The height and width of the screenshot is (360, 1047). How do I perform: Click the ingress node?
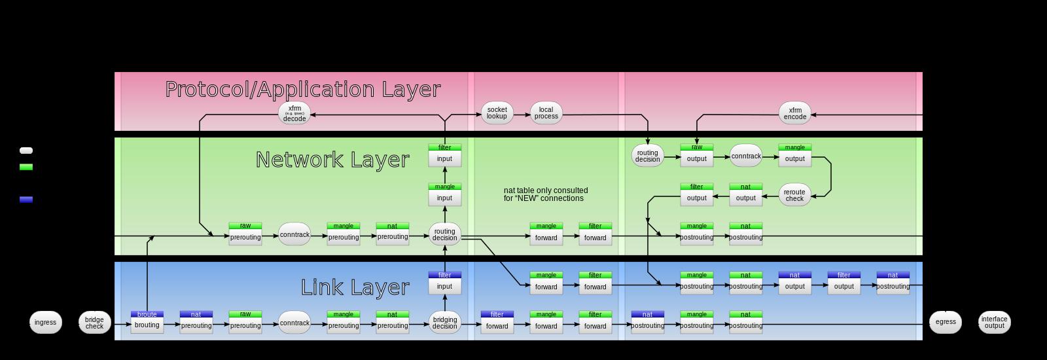(x=45, y=322)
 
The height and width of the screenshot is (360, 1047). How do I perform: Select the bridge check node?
(x=94, y=322)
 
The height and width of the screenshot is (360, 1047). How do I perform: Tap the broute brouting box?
(x=147, y=322)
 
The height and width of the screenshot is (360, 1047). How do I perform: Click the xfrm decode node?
(x=294, y=113)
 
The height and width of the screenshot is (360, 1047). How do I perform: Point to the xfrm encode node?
(x=794, y=113)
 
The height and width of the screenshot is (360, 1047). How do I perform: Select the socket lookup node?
(x=497, y=113)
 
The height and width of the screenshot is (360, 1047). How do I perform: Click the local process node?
(x=546, y=113)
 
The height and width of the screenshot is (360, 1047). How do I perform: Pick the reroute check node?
(x=794, y=195)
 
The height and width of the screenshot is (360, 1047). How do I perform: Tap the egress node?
(x=945, y=322)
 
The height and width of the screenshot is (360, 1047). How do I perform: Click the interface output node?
(x=994, y=322)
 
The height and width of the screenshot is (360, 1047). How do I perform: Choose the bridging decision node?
(x=444, y=322)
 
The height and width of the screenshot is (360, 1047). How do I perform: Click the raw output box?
(x=696, y=156)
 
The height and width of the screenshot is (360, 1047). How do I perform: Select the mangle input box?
(x=444, y=195)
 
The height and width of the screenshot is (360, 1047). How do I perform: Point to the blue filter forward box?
(x=497, y=322)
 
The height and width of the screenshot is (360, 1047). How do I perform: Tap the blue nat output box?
(x=794, y=283)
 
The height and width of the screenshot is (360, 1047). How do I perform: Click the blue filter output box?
(x=843, y=283)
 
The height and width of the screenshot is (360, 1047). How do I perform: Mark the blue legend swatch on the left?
(x=26, y=200)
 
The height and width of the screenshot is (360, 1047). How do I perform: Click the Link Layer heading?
(x=355, y=287)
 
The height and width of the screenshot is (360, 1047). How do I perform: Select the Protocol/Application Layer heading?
(x=302, y=89)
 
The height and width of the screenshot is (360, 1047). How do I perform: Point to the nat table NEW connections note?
(x=545, y=194)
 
